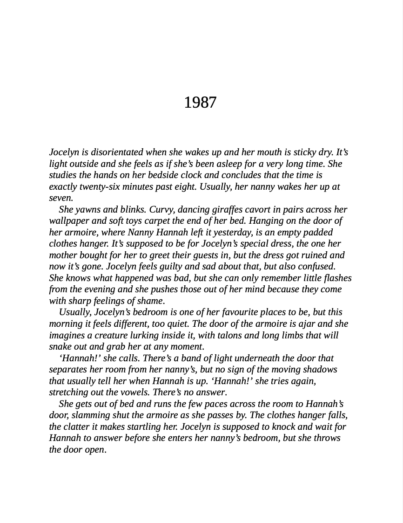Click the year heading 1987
click(x=200, y=103)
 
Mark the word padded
click(x=318, y=232)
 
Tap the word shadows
click(x=320, y=370)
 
